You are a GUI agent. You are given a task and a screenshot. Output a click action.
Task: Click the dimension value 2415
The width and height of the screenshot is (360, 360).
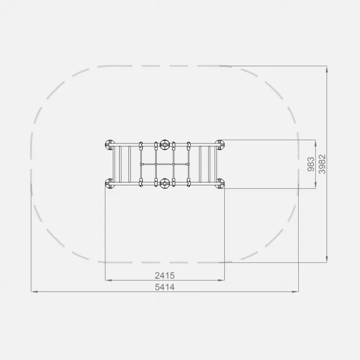tap(164, 275)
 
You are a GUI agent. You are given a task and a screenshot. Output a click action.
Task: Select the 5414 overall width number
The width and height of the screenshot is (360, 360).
tap(164, 287)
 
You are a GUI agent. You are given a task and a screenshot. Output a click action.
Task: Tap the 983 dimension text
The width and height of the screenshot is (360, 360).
tap(311, 164)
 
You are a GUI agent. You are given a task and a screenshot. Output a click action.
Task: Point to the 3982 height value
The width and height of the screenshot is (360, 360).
tap(322, 164)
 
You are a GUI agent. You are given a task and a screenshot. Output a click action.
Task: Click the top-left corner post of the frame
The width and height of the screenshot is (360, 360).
tap(109, 144)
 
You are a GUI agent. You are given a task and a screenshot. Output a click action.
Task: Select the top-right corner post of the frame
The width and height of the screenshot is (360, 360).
tap(220, 144)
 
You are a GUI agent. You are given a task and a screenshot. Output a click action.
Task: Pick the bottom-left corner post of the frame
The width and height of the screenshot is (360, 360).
tap(109, 184)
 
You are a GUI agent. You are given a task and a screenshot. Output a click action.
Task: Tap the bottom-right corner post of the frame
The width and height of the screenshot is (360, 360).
tap(220, 184)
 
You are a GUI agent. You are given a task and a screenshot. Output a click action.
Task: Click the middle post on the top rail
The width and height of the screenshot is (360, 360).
tap(164, 144)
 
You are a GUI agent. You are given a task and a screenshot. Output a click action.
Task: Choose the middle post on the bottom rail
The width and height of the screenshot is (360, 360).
tap(164, 184)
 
